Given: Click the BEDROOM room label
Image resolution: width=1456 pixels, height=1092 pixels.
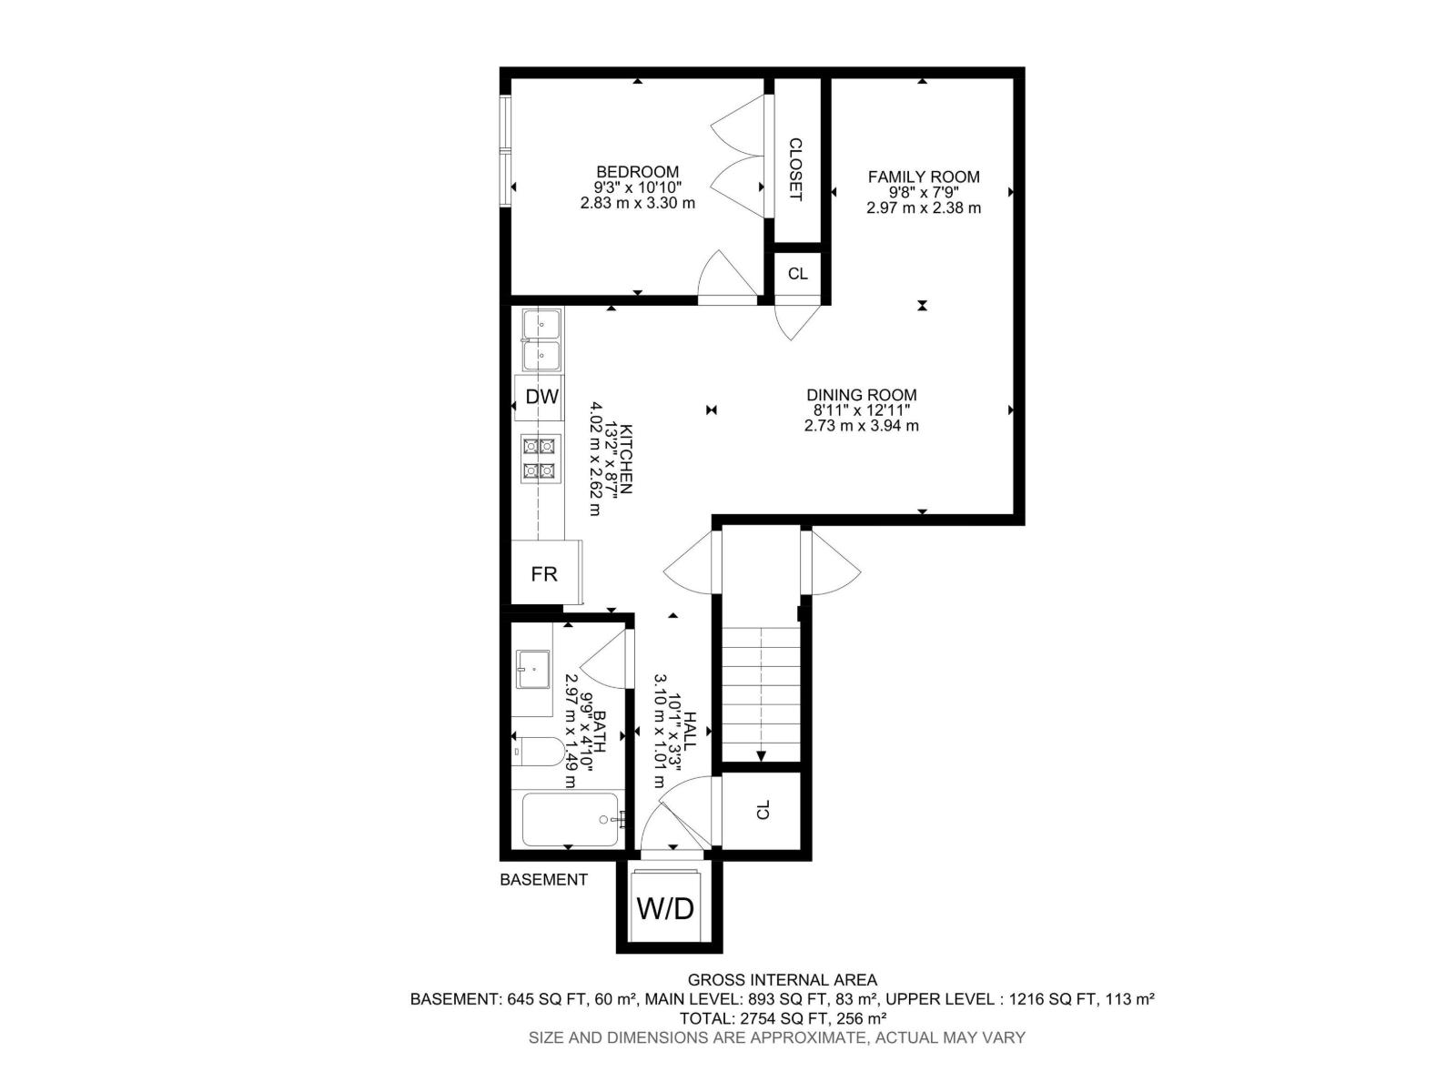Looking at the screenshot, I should click(637, 172).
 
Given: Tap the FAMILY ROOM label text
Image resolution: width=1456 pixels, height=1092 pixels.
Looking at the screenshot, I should click(923, 177).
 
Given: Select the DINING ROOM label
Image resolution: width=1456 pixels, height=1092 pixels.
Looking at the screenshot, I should click(861, 395).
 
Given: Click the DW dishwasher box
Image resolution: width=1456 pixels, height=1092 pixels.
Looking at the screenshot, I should click(541, 397).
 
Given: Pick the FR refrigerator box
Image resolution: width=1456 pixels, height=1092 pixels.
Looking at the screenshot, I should click(544, 574).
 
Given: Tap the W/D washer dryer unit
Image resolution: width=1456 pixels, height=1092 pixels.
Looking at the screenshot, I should click(665, 907).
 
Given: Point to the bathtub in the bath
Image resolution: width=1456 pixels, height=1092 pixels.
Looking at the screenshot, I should click(570, 819).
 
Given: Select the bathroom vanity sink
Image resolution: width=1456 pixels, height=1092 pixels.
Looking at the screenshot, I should click(532, 670).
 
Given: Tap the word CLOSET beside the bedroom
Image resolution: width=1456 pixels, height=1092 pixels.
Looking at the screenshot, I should click(795, 169).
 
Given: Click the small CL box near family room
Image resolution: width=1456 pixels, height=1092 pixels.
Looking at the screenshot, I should click(797, 274).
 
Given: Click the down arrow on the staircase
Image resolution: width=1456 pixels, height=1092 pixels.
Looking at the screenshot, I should click(761, 754).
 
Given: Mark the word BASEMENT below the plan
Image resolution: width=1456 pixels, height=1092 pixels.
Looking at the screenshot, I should click(543, 880).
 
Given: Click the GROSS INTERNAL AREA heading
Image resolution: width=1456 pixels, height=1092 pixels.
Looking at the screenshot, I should click(782, 980).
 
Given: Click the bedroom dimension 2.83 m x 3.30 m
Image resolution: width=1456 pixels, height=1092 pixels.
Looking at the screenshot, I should click(637, 204).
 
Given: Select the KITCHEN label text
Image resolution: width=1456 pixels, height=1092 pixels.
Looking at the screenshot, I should click(626, 459).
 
